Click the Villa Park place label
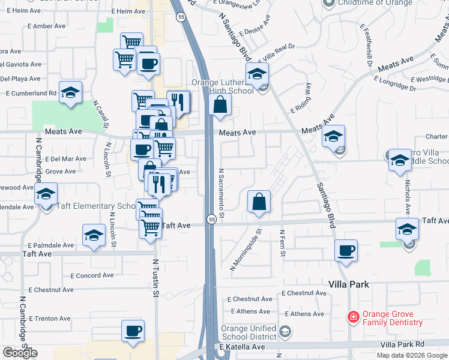coord(349,284)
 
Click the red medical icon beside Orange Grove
coord(354,316)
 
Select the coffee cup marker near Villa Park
coord(346,251)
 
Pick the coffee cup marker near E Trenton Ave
coord(133,331)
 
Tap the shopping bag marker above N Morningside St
coord(259,202)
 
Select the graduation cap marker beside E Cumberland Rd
coord(71,92)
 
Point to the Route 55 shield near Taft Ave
coord(212,220)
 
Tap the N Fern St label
coord(282,242)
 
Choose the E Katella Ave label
coord(243,347)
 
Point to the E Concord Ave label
coord(92,275)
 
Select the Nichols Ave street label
coord(407,197)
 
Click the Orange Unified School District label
coord(248,332)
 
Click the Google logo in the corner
coord(20,353)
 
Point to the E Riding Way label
coord(301,98)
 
